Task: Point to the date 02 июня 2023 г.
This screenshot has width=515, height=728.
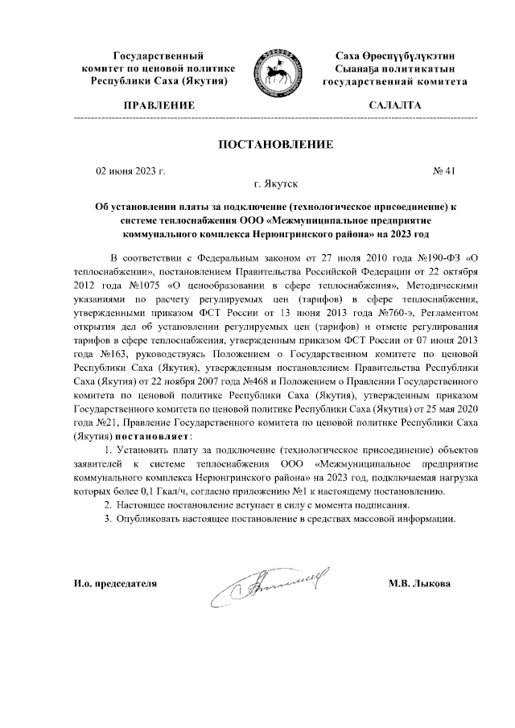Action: tap(130, 171)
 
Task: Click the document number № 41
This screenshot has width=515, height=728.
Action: tap(444, 171)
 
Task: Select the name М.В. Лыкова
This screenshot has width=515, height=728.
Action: tap(419, 583)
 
